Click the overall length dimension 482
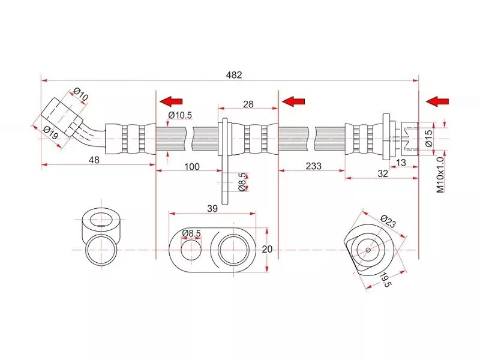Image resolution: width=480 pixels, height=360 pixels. [234, 75]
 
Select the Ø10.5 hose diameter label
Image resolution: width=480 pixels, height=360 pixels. [180, 115]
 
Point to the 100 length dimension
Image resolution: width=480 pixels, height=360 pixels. [191, 166]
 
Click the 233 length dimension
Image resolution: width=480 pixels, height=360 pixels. [313, 166]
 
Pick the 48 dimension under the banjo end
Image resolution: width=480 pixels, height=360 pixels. [94, 160]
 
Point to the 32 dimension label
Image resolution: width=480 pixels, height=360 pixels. [383, 173]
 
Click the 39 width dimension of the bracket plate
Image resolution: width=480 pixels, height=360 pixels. [212, 208]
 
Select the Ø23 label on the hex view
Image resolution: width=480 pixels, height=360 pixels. [388, 223]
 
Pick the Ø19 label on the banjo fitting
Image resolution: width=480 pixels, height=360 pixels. [50, 133]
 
